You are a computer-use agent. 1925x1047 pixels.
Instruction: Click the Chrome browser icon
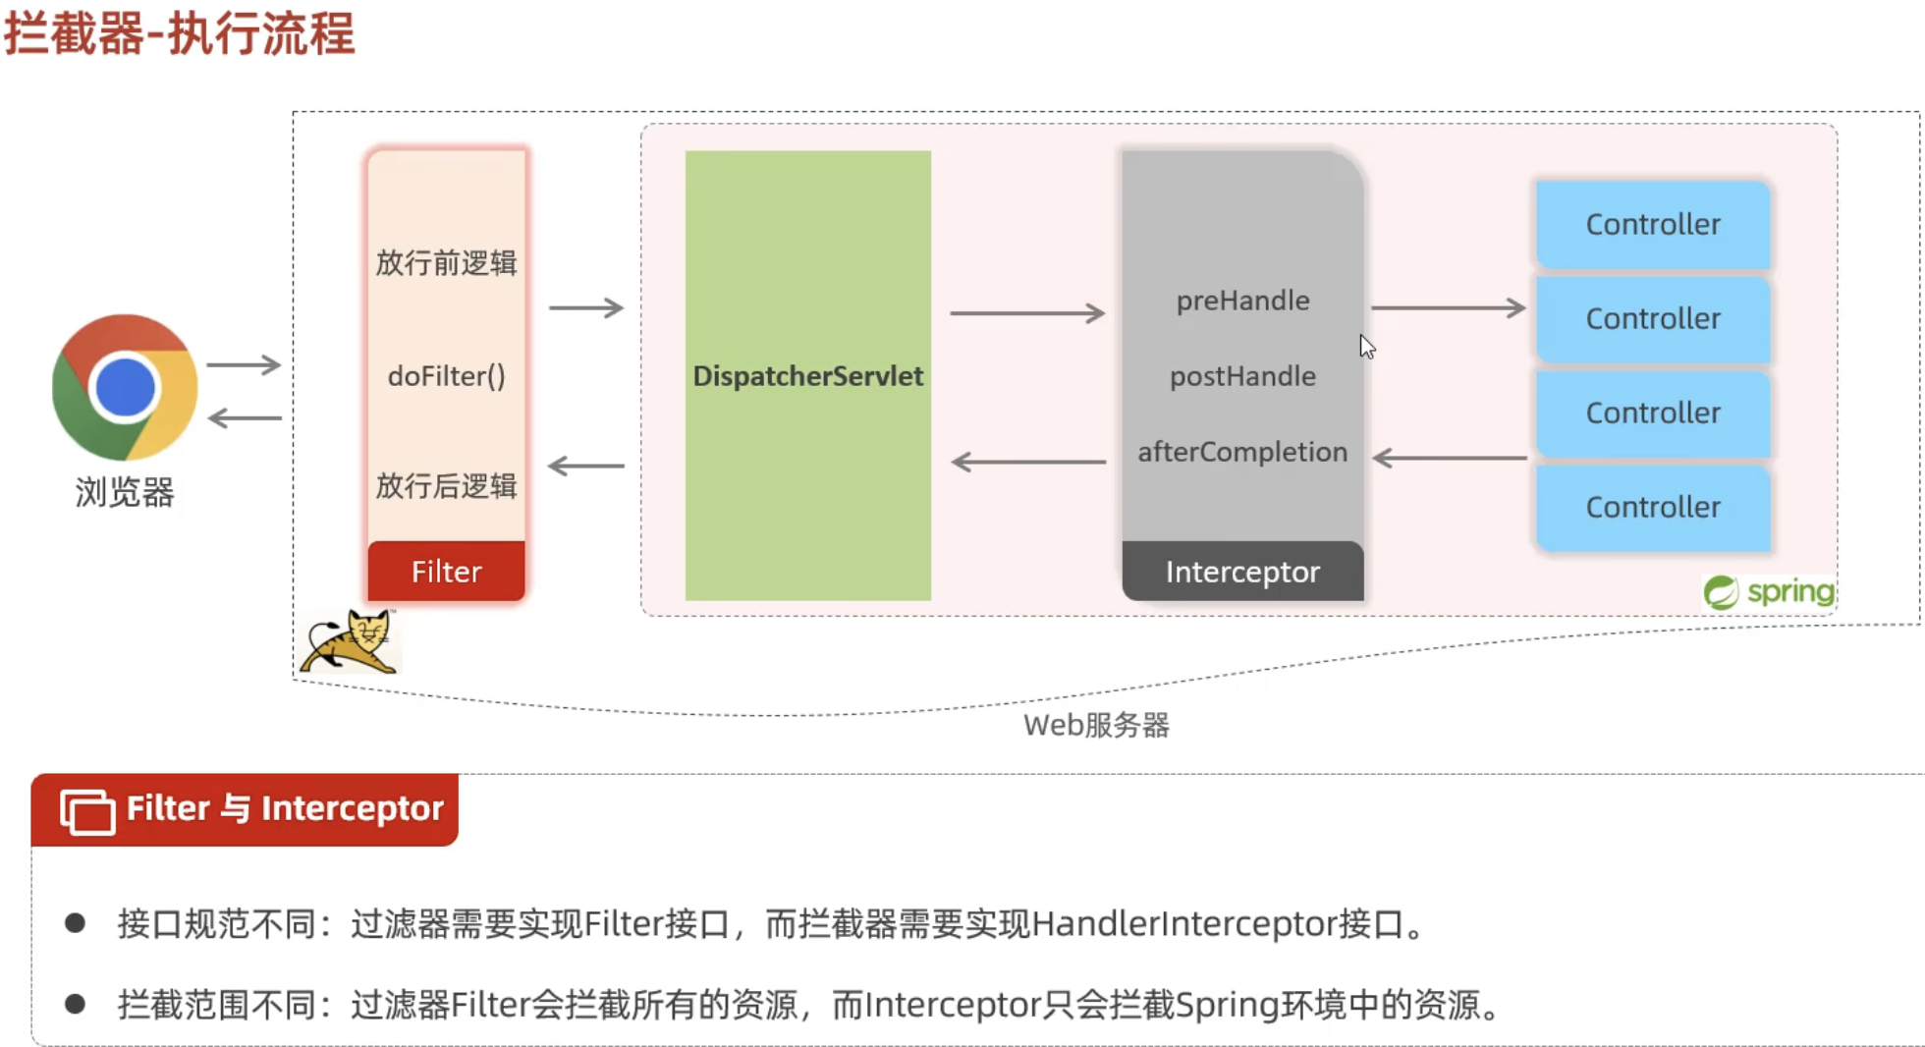click(x=125, y=387)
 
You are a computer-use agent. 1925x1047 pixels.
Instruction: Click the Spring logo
click(x=1769, y=592)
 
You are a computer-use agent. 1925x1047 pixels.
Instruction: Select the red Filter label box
click(x=446, y=572)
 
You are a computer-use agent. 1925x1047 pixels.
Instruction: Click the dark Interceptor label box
click(x=1242, y=572)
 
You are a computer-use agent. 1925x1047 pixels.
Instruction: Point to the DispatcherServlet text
click(x=807, y=376)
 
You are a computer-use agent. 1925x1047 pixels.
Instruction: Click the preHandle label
click(x=1242, y=301)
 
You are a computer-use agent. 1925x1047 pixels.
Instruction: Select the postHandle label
click(x=1242, y=376)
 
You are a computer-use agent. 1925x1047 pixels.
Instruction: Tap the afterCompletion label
click(x=1242, y=452)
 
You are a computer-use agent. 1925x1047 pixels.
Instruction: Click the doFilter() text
click(x=446, y=376)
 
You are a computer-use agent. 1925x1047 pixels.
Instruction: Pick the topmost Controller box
click(x=1653, y=224)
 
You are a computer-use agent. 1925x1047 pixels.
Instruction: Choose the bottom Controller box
click(x=1653, y=507)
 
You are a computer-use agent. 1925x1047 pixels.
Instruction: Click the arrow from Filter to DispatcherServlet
click(x=586, y=308)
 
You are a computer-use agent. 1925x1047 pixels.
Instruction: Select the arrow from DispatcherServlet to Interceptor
click(x=1027, y=313)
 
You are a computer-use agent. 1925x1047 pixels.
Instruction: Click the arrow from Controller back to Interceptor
click(x=1450, y=458)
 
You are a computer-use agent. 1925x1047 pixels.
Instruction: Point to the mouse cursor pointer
click(x=1366, y=346)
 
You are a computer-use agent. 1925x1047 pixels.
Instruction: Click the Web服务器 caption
click(x=1096, y=726)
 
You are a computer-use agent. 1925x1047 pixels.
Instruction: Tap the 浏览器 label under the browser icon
click(x=125, y=492)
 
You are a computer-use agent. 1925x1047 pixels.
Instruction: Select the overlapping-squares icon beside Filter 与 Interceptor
click(x=87, y=811)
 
